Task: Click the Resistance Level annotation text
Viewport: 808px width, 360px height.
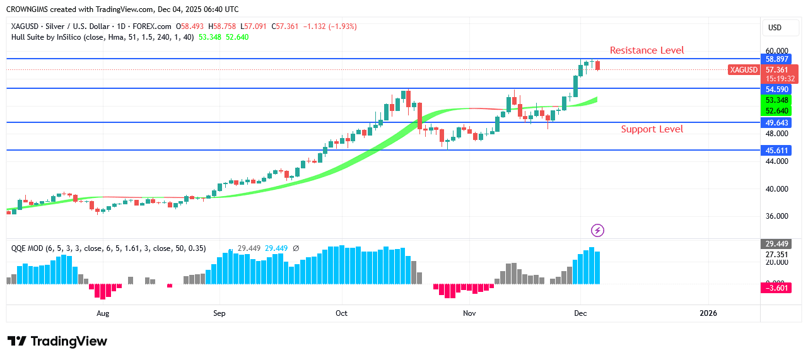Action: click(x=647, y=50)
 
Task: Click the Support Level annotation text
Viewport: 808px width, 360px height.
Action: click(x=652, y=129)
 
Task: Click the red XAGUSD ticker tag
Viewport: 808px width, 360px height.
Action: click(x=744, y=70)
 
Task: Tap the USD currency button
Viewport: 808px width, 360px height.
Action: click(x=774, y=28)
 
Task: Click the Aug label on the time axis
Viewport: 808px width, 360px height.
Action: click(x=103, y=313)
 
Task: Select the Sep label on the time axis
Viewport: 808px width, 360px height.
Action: click(x=220, y=313)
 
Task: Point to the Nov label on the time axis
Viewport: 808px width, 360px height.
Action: click(x=469, y=313)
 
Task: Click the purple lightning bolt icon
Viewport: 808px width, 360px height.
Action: click(x=598, y=230)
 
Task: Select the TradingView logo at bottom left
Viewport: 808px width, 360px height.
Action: click(x=57, y=341)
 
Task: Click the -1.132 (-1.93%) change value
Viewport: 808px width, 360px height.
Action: click(x=330, y=26)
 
